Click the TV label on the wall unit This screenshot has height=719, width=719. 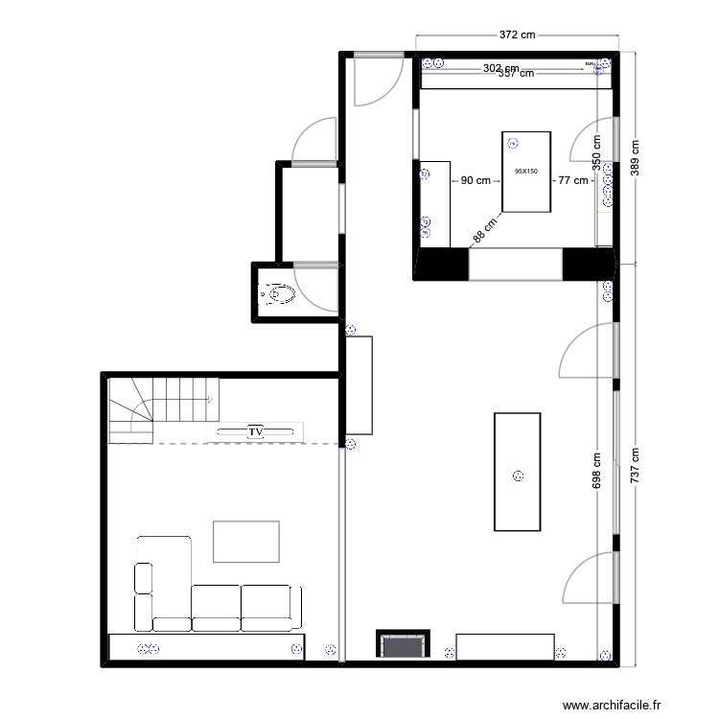pos(256,432)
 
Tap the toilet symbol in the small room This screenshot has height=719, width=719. pos(279,292)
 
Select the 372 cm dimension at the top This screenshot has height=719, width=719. pos(517,34)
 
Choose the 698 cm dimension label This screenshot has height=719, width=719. pos(597,475)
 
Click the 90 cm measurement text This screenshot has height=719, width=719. pos(475,180)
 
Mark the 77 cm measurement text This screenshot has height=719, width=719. pos(573,180)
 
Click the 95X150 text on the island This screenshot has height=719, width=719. pos(526,172)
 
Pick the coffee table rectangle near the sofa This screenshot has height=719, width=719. pos(246,541)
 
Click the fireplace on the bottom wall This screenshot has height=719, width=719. pos(403,644)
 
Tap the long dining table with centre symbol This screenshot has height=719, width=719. pos(519,471)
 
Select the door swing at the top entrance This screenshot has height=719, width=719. pos(372,81)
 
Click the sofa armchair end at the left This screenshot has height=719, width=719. pos(144,595)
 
